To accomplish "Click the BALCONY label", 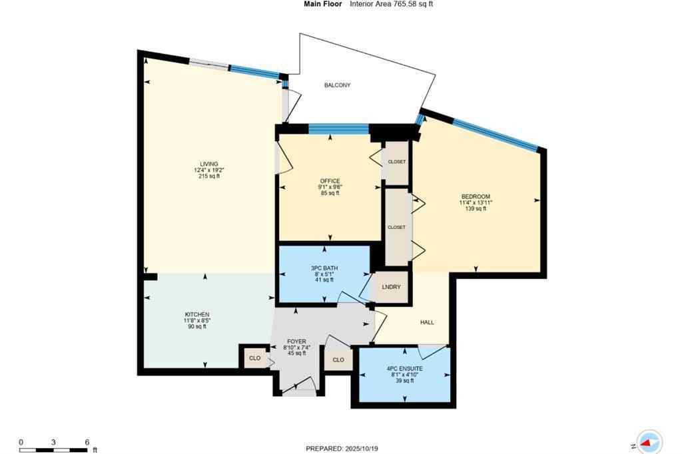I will pyautogui.click(x=337, y=85).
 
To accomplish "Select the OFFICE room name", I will pyautogui.click(x=330, y=181).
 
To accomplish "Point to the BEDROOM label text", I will pyautogui.click(x=476, y=196).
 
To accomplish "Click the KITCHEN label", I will pyautogui.click(x=197, y=314).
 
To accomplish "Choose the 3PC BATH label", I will pyautogui.click(x=324, y=268).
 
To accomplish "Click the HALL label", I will pyautogui.click(x=427, y=322).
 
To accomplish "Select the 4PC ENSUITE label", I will pyautogui.click(x=404, y=368).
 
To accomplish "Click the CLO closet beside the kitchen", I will pyautogui.click(x=254, y=357).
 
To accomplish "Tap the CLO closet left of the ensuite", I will pyautogui.click(x=338, y=359).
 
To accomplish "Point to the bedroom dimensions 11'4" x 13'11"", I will pyautogui.click(x=476, y=202).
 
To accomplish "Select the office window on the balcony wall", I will pyautogui.click(x=338, y=129).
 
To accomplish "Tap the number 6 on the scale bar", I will pyautogui.click(x=87, y=442).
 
